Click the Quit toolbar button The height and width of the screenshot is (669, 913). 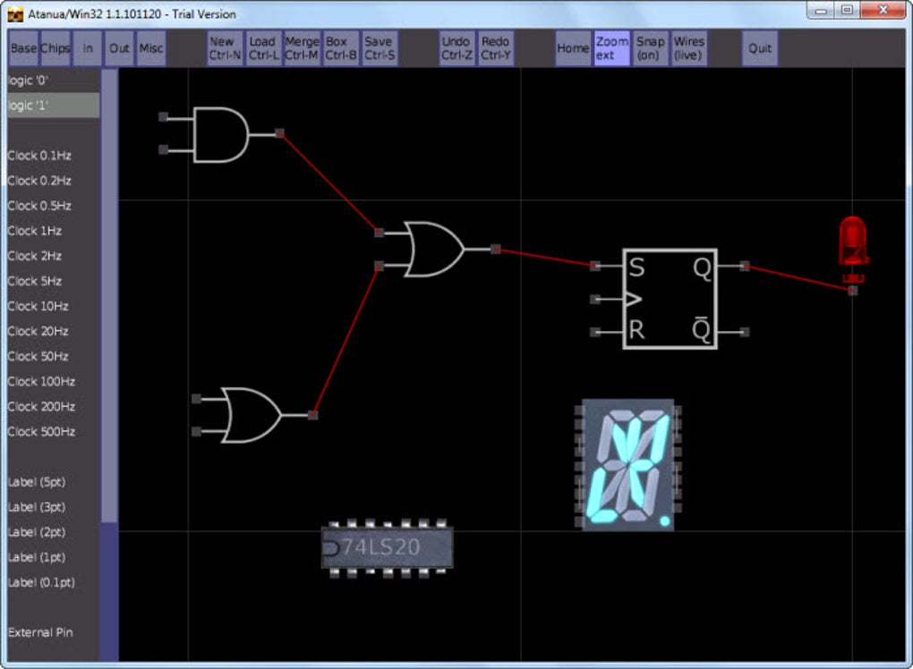pos(760,48)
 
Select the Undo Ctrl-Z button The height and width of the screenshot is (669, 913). pos(456,48)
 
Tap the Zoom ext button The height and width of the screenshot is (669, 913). pos(612,48)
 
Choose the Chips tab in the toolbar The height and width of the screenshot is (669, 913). pos(55,48)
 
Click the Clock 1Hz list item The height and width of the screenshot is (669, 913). pos(35,231)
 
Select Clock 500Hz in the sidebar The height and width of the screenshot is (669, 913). pos(41,432)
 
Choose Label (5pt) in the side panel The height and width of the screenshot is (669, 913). pos(37,482)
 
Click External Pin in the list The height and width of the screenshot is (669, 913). pos(41,632)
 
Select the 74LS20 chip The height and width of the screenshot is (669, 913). pos(388,547)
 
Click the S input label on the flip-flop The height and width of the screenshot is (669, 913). pos(637,267)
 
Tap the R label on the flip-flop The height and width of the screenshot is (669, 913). pos(636,330)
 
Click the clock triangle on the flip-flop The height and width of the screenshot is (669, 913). pos(633,299)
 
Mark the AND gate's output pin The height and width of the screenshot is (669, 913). pos(279,134)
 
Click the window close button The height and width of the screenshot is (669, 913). pos(883,10)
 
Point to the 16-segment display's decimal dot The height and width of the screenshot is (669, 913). pos(664,521)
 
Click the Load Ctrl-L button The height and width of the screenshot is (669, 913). pos(263,48)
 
